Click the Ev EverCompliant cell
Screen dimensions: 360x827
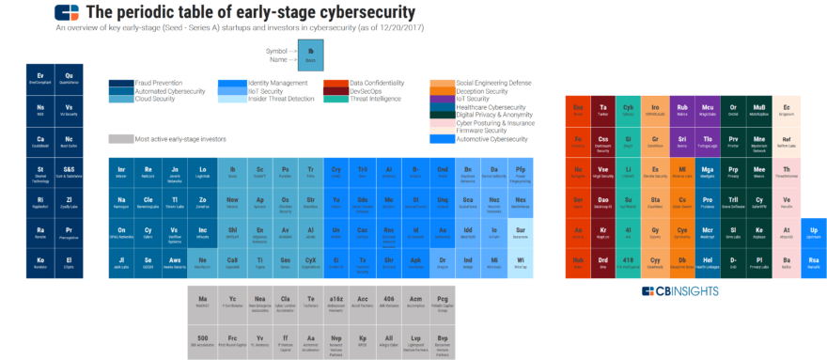tap(40, 77)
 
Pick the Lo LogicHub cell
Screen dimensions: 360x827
tap(203, 172)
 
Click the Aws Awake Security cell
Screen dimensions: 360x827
tap(176, 264)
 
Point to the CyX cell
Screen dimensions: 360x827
tap(310, 262)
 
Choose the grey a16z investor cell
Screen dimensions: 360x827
tap(336, 301)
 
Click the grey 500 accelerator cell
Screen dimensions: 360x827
tap(202, 339)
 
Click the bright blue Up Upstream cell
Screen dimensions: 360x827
tap(814, 233)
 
